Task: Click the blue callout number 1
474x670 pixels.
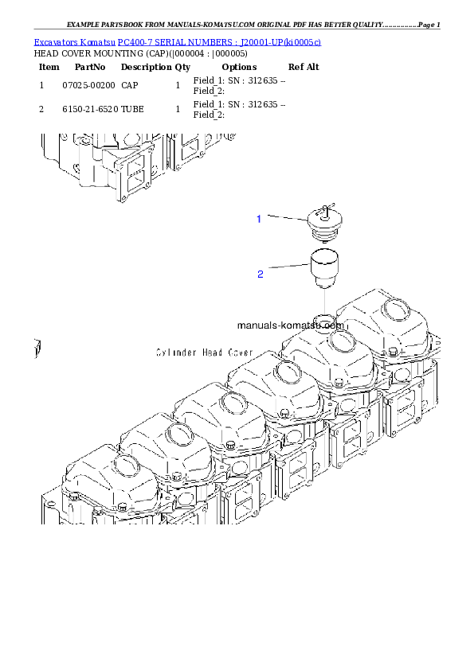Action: [x=258, y=219]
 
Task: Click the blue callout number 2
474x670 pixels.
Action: [x=260, y=275]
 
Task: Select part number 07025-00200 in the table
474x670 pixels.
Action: [x=88, y=85]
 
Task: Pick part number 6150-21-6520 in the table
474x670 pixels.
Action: [x=90, y=109]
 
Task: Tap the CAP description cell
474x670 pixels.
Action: [x=130, y=85]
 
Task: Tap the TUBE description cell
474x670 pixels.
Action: [x=132, y=109]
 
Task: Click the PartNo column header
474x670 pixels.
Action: [x=90, y=67]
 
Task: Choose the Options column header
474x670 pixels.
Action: [x=239, y=67]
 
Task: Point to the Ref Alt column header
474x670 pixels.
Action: [x=304, y=67]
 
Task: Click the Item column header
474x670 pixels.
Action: [x=49, y=67]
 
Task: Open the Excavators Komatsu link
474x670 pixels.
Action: [x=74, y=42]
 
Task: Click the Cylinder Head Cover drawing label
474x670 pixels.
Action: [x=205, y=353]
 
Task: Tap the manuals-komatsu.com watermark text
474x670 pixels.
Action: [x=291, y=325]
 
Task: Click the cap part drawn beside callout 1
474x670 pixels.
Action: [x=325, y=223]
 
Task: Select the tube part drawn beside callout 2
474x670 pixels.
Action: [x=324, y=268]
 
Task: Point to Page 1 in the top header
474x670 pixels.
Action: [x=429, y=25]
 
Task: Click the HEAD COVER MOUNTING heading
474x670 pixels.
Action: [x=141, y=54]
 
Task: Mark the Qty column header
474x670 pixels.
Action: [x=182, y=67]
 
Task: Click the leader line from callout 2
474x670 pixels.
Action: [x=288, y=267]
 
